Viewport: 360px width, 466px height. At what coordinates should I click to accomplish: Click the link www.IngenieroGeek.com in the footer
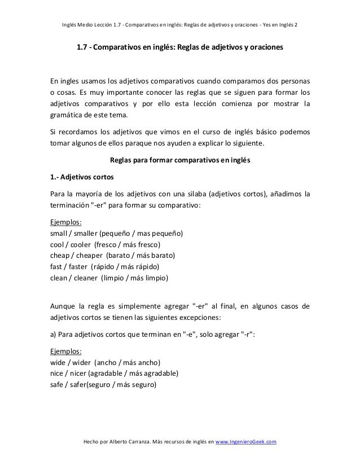coord(244,441)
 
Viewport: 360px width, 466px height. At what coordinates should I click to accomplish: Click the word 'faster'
coord(77,267)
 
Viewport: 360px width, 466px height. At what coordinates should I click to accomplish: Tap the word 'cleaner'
coord(84,278)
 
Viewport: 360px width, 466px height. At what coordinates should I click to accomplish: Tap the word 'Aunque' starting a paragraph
coord(64,307)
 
